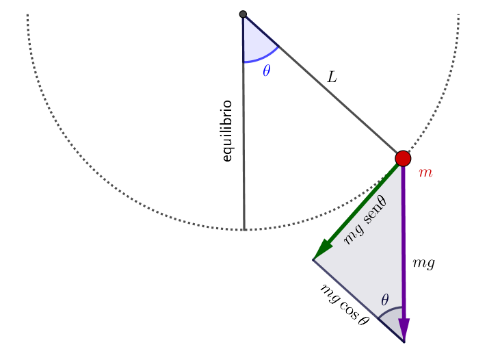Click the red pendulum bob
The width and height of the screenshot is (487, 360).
click(x=403, y=159)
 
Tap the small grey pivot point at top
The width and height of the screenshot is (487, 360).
click(x=243, y=14)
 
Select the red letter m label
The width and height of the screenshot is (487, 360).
click(x=425, y=173)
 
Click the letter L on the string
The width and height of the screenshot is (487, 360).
click(x=332, y=77)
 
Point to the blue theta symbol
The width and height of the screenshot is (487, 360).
click(x=266, y=70)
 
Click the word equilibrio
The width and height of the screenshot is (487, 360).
click(x=228, y=131)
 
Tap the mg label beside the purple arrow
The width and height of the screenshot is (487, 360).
click(x=425, y=262)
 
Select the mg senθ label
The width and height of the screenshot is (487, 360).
click(x=366, y=219)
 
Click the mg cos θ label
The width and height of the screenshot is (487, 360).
click(x=345, y=303)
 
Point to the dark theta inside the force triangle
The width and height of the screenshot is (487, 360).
click(x=385, y=299)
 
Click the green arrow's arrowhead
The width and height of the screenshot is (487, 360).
click(x=320, y=253)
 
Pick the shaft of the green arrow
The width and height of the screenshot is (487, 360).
click(x=362, y=205)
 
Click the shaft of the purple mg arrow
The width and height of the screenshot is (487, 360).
click(x=403, y=240)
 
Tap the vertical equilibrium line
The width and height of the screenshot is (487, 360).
click(x=243, y=171)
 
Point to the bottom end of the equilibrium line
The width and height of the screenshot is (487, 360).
click(x=244, y=229)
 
